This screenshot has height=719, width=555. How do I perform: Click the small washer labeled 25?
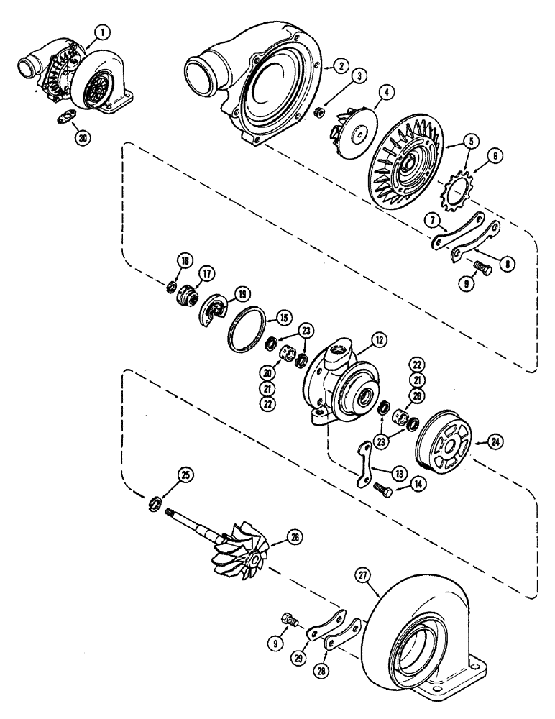(x=154, y=503)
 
